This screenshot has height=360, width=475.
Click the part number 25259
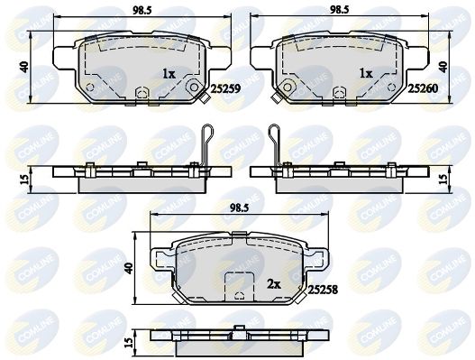[225, 88]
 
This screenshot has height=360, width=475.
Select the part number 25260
[423, 88]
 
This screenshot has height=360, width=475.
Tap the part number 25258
[323, 291]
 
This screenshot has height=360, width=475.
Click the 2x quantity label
[274, 284]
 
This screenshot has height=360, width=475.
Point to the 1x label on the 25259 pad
[169, 74]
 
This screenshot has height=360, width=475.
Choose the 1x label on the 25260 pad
[366, 73]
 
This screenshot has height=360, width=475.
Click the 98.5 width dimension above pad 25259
[142, 11]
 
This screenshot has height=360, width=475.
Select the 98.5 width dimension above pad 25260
[339, 10]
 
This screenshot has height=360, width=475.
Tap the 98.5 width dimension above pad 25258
[240, 208]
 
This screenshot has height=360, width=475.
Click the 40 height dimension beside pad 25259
[25, 67]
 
